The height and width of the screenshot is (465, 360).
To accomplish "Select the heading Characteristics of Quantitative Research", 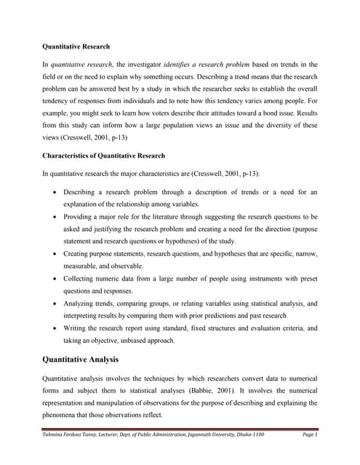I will click(103, 155).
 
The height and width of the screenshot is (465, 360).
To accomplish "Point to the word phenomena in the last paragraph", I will click(63, 415).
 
